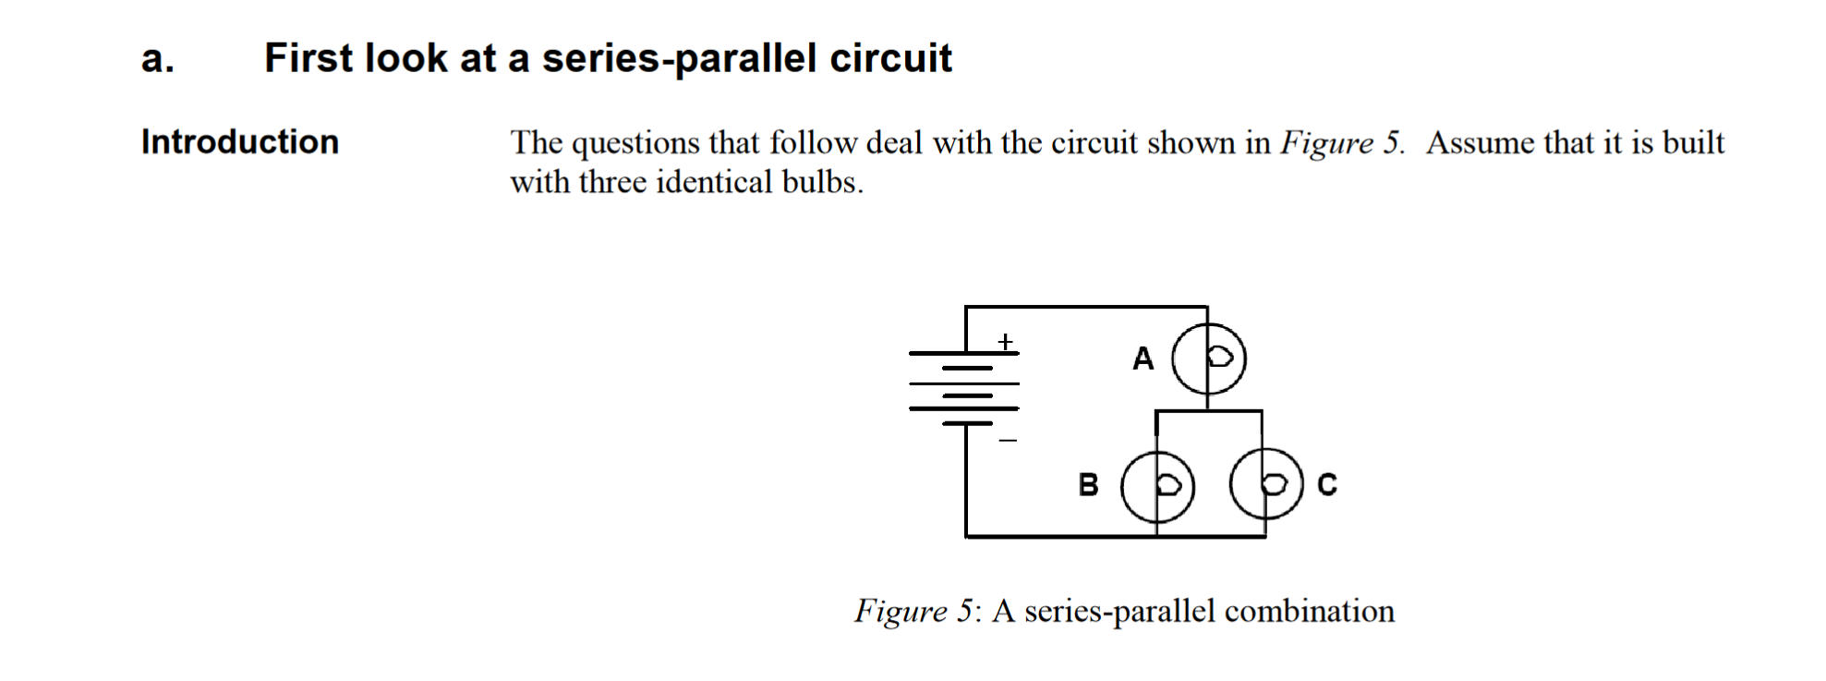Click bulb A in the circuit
coord(1208,359)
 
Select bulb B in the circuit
coord(1157,486)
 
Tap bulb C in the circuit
coord(1265,484)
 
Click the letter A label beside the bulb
coord(1143,359)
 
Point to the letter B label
coord(1088,484)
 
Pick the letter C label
coord(1326,484)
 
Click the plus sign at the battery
coord(1005,342)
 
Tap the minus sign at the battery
coord(1007,441)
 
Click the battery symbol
coord(965,389)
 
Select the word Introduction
coord(240,141)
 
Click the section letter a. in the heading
coord(157,58)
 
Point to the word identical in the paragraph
coord(713,182)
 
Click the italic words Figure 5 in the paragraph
coord(1340,143)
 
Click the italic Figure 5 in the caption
coord(913,612)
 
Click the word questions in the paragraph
coord(635,143)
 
